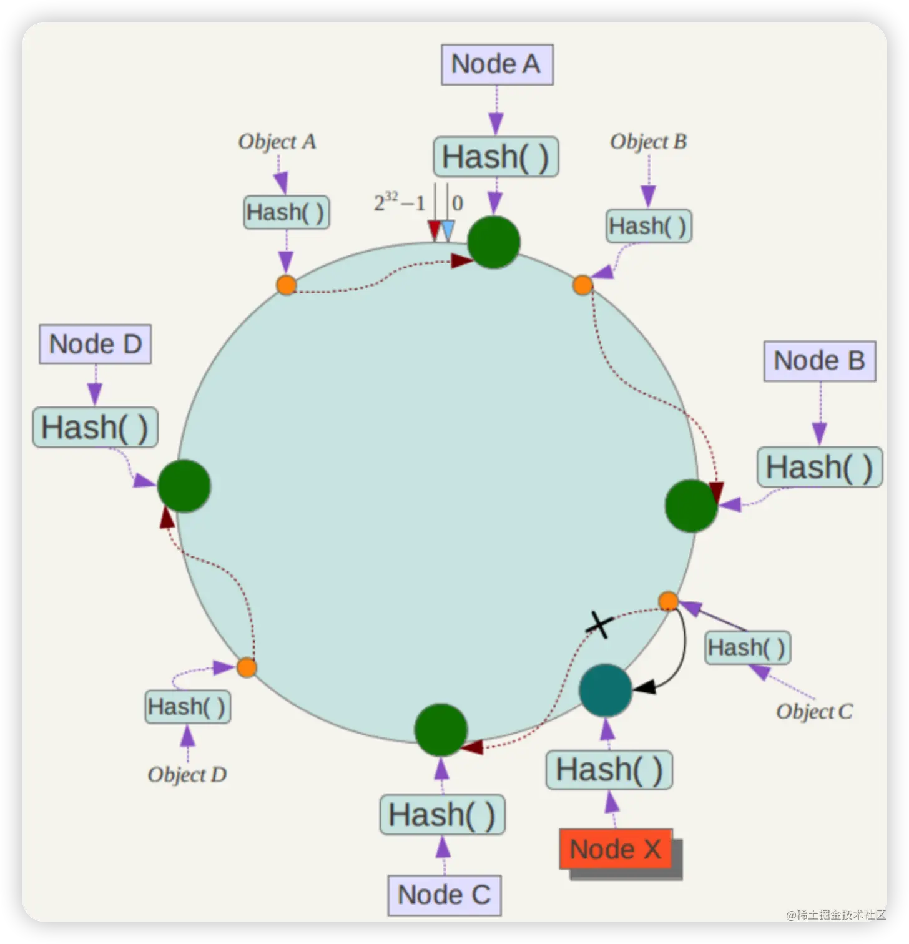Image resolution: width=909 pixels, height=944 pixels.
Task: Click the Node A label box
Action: [497, 64]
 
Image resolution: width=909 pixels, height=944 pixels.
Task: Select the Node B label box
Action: [819, 361]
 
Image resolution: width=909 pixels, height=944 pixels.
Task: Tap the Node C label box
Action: [444, 895]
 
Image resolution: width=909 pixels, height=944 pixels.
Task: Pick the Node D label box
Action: [96, 344]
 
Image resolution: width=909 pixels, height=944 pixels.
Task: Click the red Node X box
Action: [615, 849]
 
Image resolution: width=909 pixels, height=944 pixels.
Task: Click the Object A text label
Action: [277, 142]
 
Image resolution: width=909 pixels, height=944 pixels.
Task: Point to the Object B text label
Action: [648, 142]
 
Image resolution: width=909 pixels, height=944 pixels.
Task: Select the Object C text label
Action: [814, 712]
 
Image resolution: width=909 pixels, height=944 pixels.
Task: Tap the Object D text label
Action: [187, 775]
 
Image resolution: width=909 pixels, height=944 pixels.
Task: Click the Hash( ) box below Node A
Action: [496, 157]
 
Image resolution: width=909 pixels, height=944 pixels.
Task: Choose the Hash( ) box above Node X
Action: [609, 770]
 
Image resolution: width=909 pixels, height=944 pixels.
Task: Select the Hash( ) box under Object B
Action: [649, 226]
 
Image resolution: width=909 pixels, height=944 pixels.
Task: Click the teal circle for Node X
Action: [605, 690]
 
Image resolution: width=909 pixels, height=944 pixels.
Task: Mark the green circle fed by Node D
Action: [184, 486]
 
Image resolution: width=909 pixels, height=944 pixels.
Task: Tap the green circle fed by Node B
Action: [691, 506]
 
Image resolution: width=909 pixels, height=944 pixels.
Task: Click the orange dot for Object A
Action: [286, 285]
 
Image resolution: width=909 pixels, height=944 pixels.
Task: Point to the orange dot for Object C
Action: [668, 601]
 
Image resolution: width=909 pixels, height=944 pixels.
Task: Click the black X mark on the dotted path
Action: [599, 624]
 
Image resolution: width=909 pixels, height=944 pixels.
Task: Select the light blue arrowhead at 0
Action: [448, 230]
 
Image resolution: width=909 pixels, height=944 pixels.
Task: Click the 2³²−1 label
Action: [400, 203]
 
